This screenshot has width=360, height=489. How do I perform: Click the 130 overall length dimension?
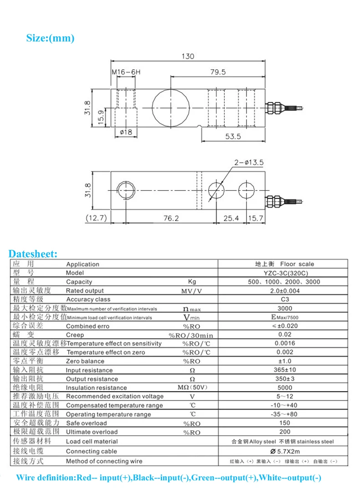188,56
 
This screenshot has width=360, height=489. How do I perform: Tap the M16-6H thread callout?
126,72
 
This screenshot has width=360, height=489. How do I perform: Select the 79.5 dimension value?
218,72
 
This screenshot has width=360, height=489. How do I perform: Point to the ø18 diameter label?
125,132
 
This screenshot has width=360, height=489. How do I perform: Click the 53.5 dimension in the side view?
232,136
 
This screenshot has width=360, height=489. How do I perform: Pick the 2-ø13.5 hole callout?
249,162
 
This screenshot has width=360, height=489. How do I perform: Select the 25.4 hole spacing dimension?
231,219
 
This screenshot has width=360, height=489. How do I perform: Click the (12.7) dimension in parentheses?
96,219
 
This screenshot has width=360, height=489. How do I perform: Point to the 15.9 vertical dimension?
101,119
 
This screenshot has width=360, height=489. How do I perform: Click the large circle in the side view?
170,108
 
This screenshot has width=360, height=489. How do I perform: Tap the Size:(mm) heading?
50,38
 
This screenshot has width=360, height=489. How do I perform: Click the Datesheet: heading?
33,254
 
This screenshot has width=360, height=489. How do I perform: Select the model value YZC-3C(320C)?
284,273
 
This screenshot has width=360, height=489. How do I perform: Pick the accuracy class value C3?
284,300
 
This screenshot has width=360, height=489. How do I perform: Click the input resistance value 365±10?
284,370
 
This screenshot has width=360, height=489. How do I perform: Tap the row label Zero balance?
85,361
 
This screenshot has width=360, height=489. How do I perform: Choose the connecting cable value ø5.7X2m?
284,451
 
